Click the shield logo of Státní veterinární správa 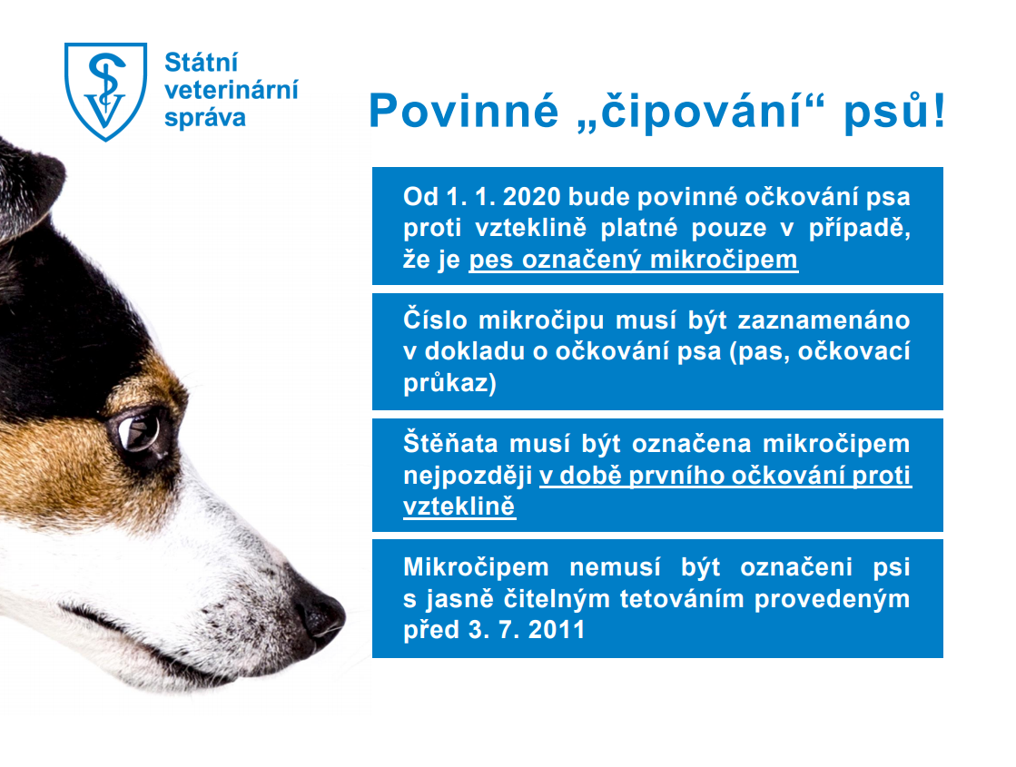[x=105, y=91]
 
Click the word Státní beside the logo [x=201, y=63]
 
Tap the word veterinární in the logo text [x=232, y=89]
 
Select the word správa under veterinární [x=205, y=118]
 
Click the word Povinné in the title [x=464, y=111]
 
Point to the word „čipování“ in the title [x=701, y=112]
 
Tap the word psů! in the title [x=895, y=112]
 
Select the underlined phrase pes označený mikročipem [x=633, y=260]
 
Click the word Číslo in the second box [x=435, y=320]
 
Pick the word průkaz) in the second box [x=449, y=383]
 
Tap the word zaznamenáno [x=824, y=320]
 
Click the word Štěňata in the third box [x=449, y=444]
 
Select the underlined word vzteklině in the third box [x=459, y=506]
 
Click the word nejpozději [x=468, y=476]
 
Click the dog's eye [x=139, y=432]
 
